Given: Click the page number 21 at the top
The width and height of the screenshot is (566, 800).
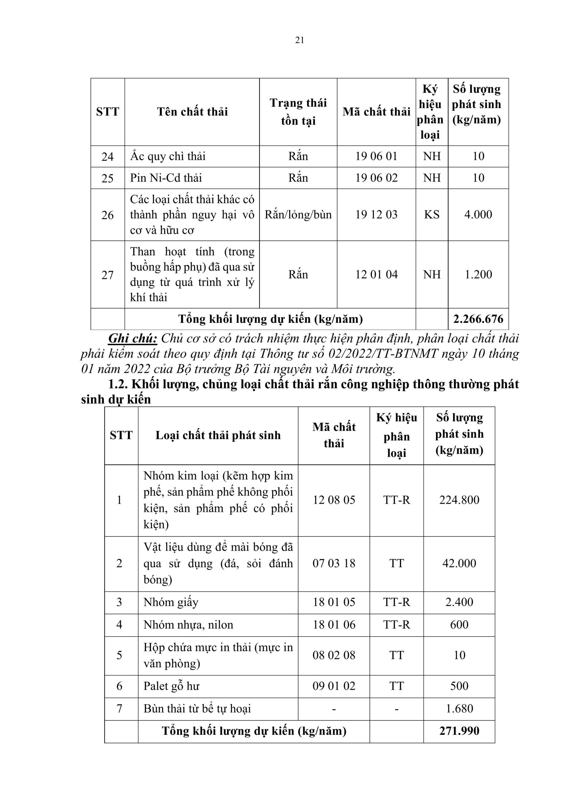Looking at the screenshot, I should tap(300, 40).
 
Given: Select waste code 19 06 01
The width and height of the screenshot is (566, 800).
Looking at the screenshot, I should tap(376, 156).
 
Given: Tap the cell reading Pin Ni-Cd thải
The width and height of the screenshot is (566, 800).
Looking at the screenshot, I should tap(166, 178).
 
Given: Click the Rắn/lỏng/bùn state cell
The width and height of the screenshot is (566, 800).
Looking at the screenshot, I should tap(298, 215).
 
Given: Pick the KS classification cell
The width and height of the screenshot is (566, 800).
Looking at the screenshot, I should tap(432, 215).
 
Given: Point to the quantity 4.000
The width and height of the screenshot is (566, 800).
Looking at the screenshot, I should tap(478, 215).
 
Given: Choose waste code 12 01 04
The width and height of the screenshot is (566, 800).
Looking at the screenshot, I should tap(376, 275).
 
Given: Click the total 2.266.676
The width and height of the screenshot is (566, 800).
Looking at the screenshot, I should tap(478, 319).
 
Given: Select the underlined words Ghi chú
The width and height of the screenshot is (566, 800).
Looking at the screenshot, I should tap(133, 338).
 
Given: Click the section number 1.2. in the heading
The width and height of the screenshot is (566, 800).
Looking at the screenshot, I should tap(119, 384).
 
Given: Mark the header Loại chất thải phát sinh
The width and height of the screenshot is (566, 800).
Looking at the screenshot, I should tap(218, 435).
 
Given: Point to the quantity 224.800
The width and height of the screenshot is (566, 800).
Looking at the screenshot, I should tap(459, 500).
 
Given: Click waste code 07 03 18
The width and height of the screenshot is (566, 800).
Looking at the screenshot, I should tap(334, 563).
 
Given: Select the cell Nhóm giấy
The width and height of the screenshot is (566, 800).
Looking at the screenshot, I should tap(171, 602).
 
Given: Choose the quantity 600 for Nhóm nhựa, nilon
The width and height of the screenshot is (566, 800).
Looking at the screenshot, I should tap(459, 625).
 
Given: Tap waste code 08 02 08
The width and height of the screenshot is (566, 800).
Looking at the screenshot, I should tap(334, 655).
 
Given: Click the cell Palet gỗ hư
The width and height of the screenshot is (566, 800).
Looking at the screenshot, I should tap(171, 686).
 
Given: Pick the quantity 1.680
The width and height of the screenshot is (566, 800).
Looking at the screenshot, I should tap(459, 708).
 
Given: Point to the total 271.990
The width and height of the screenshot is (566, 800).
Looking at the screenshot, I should tap(459, 731).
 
